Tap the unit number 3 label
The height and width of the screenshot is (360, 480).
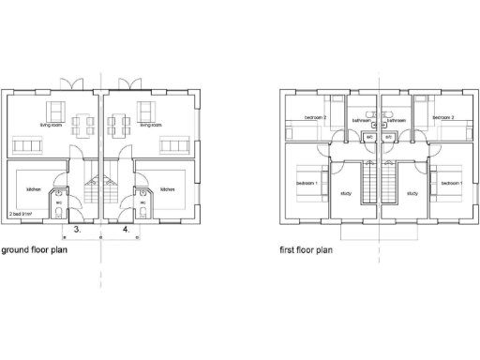[78, 229]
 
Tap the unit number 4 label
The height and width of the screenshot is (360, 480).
[127, 229]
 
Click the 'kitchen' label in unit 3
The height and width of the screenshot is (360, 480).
[35, 189]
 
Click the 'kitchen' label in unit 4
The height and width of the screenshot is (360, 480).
[168, 189]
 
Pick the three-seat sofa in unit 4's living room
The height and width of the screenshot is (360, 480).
[174, 146]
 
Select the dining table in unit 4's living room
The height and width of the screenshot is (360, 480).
[120, 122]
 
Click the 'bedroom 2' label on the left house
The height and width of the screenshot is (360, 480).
[315, 117]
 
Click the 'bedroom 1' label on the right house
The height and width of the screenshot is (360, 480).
[451, 183]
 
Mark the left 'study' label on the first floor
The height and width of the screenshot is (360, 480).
[345, 194]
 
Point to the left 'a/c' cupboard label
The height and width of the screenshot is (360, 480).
[369, 137]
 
